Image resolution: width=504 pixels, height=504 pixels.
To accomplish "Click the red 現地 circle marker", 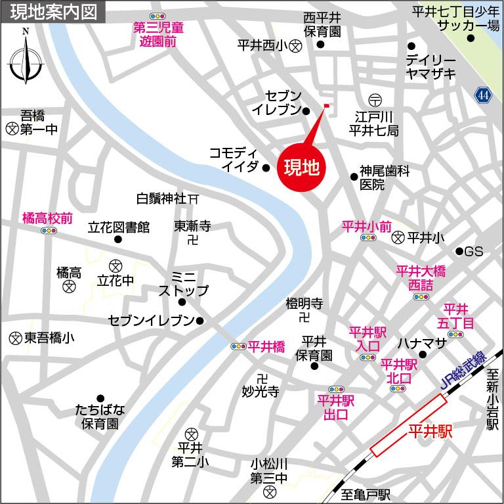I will [x=301, y=168].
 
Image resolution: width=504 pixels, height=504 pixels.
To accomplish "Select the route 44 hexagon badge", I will [x=483, y=96].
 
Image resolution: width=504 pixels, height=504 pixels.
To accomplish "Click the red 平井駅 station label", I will [x=430, y=432].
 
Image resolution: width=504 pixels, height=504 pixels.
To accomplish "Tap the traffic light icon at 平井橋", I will [x=238, y=346].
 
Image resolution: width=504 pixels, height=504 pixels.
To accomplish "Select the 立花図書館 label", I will [x=119, y=227].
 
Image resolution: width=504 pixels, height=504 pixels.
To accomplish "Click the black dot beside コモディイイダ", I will [x=266, y=168].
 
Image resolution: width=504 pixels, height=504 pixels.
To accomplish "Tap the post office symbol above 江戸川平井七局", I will [x=373, y=99].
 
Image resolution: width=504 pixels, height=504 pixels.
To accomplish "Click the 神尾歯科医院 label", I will [x=384, y=177].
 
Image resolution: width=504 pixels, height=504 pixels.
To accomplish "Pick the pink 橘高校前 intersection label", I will [x=47, y=217].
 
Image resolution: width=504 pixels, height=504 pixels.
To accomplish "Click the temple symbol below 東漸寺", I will [x=192, y=241].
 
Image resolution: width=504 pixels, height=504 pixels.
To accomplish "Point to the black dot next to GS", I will [x=459, y=252].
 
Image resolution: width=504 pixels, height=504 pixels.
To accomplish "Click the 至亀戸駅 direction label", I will [x=366, y=493].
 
